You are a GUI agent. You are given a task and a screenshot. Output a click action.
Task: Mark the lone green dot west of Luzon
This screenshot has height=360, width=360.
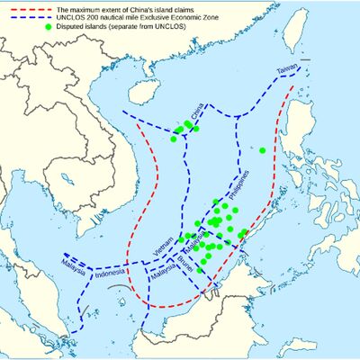pos(262,150)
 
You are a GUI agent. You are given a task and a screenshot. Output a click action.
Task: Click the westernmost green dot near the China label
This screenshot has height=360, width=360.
pos(176,131)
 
